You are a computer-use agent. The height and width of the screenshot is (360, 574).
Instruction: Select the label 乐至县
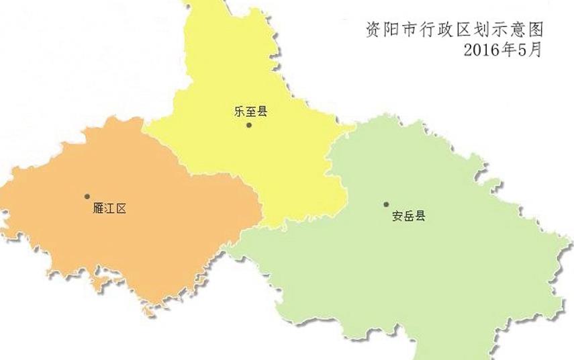251,111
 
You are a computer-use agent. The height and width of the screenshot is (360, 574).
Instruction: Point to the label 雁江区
109,209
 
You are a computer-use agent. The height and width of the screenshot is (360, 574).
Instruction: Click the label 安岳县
408,217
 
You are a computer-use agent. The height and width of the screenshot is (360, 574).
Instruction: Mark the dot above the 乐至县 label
249,125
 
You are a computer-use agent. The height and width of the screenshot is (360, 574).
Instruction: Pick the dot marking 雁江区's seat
87,196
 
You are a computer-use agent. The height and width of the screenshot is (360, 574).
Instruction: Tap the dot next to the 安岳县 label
386,204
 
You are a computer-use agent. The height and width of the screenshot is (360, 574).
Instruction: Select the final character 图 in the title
534,30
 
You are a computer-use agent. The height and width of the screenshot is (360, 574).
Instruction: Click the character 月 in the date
535,49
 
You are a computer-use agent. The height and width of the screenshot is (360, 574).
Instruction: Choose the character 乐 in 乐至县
240,111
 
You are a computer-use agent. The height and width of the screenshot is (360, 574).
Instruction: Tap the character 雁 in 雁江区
97,209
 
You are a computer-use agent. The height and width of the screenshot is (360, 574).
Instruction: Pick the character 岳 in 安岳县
408,217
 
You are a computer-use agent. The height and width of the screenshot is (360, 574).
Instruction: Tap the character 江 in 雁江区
109,209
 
